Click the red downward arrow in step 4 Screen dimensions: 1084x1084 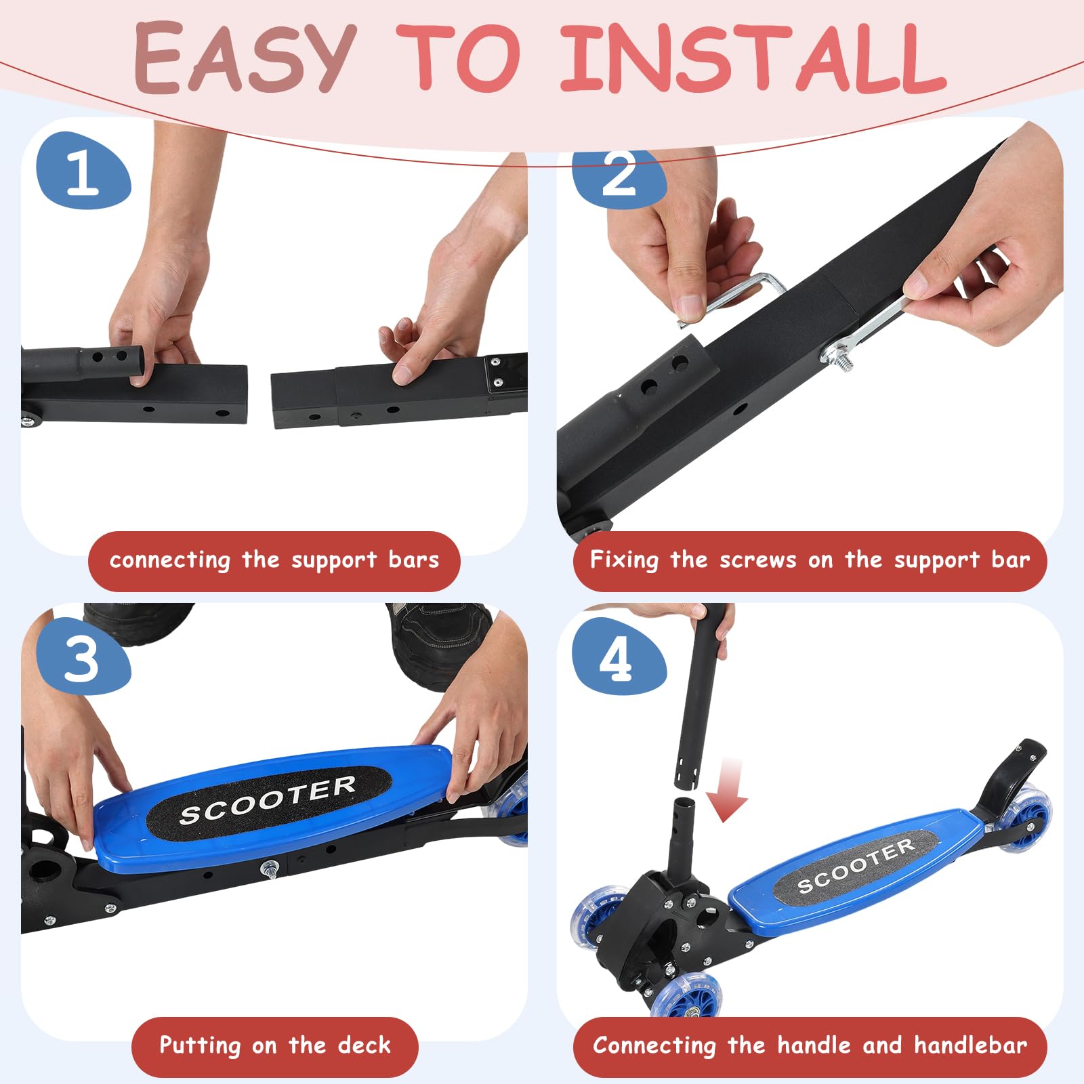coord(728,790)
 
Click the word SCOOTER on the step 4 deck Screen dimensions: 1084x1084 coord(856,865)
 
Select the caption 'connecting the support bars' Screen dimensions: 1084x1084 coord(274,560)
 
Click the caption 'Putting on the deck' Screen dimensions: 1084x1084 coord(275,1045)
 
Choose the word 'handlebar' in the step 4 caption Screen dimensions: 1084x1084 coord(970,1045)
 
